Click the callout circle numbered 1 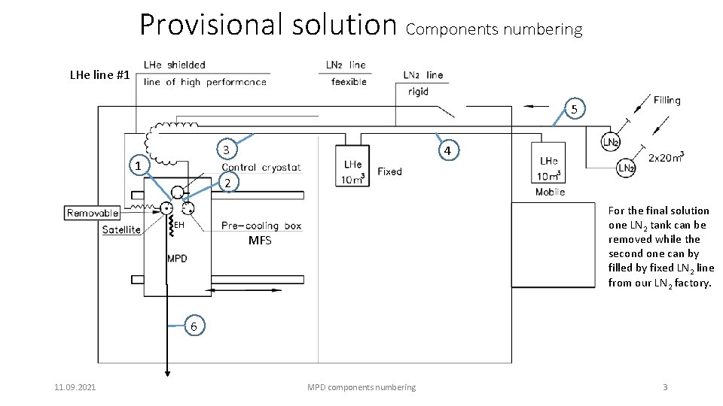click(137, 165)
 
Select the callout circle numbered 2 click(227, 183)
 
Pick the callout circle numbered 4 click(447, 151)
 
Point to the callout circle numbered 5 click(574, 110)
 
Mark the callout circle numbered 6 click(194, 326)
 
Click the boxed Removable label click(93, 213)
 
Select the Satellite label click(121, 229)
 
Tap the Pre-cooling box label click(261, 226)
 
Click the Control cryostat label click(261, 167)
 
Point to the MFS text click(260, 241)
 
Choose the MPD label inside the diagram click(177, 259)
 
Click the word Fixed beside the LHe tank click(389, 171)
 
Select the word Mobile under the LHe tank click(550, 192)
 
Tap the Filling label click(667, 100)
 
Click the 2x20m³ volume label click(666, 157)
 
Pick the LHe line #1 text click(99, 75)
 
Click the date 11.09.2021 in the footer click(75, 387)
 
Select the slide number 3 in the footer click(664, 387)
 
